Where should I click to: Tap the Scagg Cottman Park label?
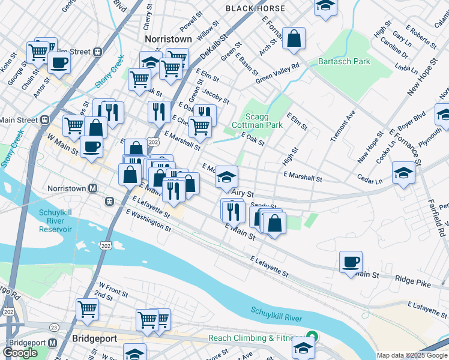pos(264,121)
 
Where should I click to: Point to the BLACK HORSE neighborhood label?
pos(252,8)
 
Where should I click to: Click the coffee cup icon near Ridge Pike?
pos(351,262)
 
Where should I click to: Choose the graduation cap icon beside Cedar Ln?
pos(403,173)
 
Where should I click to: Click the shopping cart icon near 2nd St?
pos(87,310)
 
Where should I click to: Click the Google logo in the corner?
pos(20,353)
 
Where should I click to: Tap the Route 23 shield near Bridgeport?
pos(53,328)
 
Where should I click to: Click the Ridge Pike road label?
pos(410,279)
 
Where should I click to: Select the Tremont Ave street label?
pos(343,125)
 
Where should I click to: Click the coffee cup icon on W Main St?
pos(91,147)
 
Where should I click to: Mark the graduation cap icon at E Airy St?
pos(226,176)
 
